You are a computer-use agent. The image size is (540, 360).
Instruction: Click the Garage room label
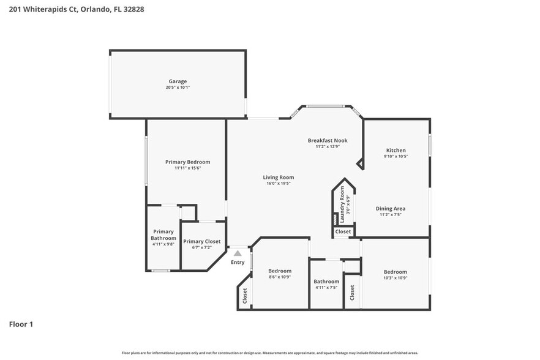[178, 81]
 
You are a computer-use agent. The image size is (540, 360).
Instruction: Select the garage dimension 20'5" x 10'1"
[178, 88]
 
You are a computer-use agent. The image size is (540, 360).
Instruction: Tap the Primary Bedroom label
[187, 162]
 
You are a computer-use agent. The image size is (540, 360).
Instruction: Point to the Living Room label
[279, 178]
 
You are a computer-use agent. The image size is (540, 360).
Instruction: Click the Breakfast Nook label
[327, 141]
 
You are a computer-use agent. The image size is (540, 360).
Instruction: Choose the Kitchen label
[396, 151]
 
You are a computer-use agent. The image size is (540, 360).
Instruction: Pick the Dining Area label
[391, 209]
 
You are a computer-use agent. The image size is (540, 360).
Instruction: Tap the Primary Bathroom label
[163, 235]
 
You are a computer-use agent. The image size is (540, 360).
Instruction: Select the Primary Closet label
[201, 242]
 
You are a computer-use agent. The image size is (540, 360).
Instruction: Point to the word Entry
[237, 262]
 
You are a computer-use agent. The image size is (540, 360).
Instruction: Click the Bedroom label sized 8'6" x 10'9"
[280, 271]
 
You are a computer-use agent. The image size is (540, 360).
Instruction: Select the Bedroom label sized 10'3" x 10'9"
[395, 272]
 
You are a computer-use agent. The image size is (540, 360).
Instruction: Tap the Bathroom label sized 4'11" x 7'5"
[326, 282]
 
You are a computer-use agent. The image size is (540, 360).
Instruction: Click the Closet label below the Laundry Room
[343, 232]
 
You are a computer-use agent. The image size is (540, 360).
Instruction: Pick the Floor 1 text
[21, 324]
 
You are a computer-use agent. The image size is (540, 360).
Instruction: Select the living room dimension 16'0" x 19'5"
[279, 183]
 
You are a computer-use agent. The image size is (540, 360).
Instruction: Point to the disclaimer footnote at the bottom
[270, 353]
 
